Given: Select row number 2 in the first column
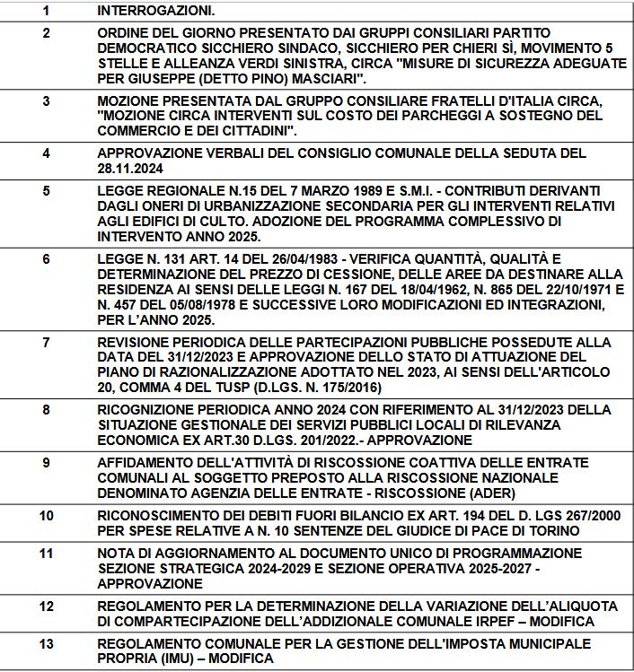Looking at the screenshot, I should (x=47, y=33).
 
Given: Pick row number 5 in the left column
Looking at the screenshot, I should (x=47, y=190).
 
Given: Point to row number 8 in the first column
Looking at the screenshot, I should (x=47, y=409).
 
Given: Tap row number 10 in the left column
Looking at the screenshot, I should (x=47, y=515).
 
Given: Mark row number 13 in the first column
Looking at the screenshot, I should (x=47, y=643).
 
